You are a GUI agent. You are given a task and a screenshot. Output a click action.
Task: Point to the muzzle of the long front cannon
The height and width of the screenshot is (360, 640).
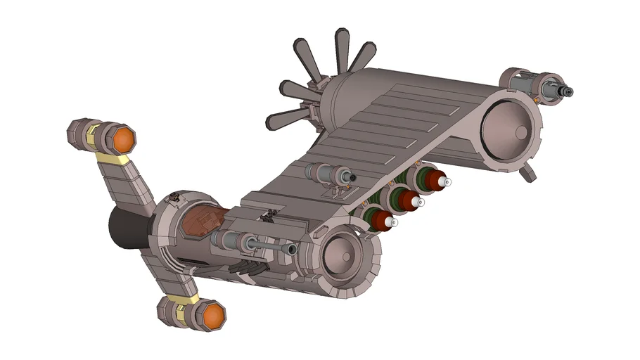click(x=292, y=250)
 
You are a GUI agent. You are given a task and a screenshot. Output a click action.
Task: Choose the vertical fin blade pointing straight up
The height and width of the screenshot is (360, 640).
click(x=343, y=48)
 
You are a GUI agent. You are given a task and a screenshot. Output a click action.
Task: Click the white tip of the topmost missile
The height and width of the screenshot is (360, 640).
click(x=444, y=182)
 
